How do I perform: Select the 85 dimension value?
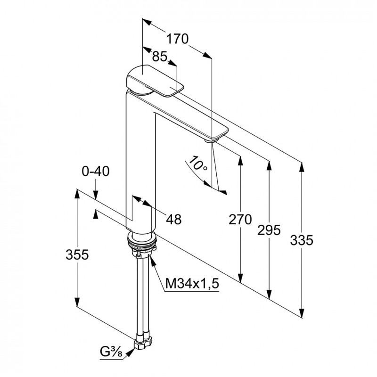(x=160, y=57)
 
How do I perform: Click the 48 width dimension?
(x=174, y=219)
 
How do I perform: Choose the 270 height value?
(x=240, y=220)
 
